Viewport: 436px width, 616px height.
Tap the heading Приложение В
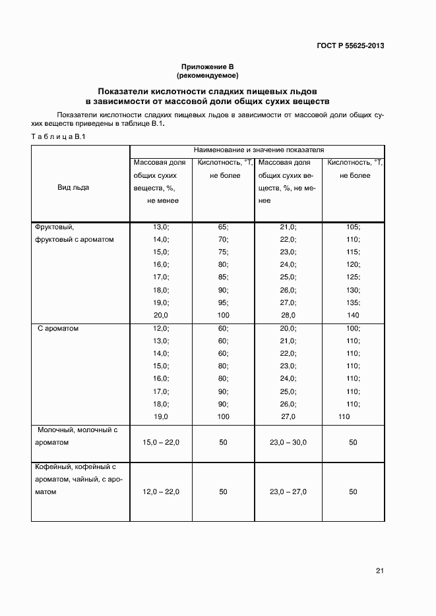pos(208,67)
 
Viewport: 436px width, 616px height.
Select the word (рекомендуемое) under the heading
pos(208,76)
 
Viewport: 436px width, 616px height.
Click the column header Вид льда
pos(73,188)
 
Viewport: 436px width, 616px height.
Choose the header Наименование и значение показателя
pos(258,150)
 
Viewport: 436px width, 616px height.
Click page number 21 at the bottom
pos(380,571)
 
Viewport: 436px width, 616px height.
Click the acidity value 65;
pos(223,227)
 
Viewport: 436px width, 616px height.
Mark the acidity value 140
pos(352,316)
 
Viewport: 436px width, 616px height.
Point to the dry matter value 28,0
pos(289,316)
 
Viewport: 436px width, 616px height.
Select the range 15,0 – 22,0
pos(161,442)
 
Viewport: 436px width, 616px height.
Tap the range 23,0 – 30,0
pos(288,442)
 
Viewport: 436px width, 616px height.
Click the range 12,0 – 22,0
pos(161,492)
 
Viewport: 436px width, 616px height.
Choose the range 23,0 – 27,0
pos(288,492)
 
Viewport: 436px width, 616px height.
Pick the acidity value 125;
pos(352,277)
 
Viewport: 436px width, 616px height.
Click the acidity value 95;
pos(223,303)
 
